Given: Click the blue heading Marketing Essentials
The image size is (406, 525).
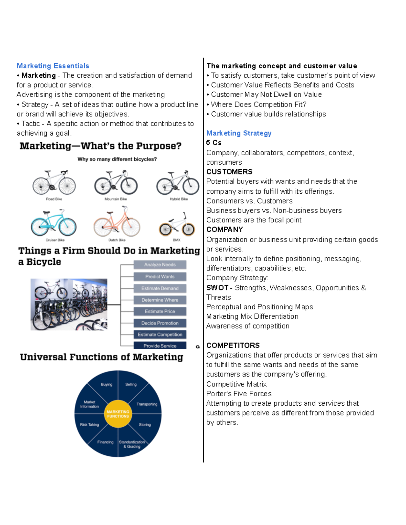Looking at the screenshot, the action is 53,66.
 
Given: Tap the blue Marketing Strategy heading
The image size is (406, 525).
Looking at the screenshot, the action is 239,133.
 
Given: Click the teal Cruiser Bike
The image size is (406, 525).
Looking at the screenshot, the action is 54,223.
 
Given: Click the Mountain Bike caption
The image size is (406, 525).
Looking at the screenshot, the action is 116,199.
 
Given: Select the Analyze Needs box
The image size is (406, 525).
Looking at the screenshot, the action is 160,265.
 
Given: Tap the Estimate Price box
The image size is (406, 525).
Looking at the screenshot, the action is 160,311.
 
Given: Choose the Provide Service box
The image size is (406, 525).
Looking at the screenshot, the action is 160,345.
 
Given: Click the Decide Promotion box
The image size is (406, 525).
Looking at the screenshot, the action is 160,323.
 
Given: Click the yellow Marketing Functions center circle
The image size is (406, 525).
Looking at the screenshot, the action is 118,414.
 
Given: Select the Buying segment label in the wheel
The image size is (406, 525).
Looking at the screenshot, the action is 107,384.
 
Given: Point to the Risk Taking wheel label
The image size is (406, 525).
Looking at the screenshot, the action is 89,425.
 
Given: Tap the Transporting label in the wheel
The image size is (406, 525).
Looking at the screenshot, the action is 147,404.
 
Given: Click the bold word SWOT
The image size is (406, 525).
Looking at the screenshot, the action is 217,288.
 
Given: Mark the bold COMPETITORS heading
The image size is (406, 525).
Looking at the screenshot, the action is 233,345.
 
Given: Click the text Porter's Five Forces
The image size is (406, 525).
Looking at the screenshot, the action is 239,394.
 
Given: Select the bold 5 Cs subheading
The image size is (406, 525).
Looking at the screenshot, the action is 214,143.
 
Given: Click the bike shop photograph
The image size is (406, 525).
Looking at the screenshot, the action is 69,304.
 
